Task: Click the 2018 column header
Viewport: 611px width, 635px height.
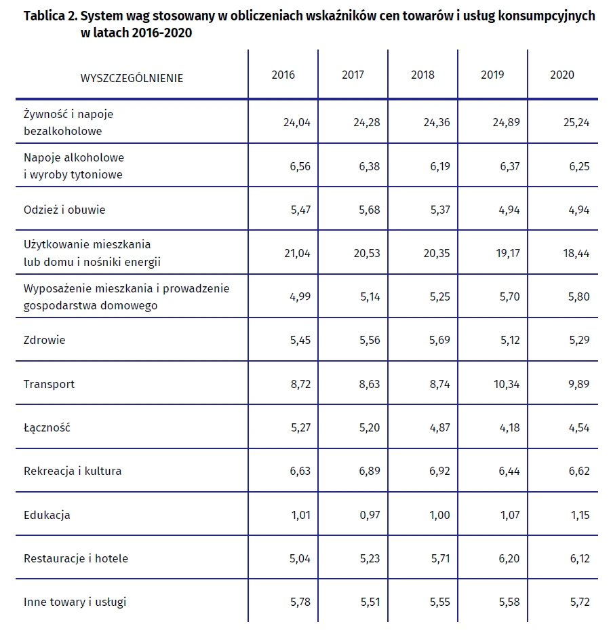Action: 422,75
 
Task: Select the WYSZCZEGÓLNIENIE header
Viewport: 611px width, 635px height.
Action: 132,78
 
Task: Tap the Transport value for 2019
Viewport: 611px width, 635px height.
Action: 507,384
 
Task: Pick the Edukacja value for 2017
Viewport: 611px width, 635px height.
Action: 370,515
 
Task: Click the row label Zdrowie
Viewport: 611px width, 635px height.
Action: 44,340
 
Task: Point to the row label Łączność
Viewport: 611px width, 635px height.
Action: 47,427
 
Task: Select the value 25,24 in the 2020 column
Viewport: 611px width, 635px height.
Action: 576,122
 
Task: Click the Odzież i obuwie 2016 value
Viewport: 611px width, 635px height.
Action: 300,210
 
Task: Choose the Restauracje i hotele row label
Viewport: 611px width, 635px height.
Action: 76,558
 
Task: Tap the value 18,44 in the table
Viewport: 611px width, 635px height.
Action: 576,254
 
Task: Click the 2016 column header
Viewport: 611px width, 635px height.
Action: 283,75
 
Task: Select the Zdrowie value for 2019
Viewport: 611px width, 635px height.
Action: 510,340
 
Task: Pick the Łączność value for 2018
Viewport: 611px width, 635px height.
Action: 439,427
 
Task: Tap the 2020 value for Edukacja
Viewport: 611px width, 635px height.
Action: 580,515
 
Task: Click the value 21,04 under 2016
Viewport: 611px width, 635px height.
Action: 297,254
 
